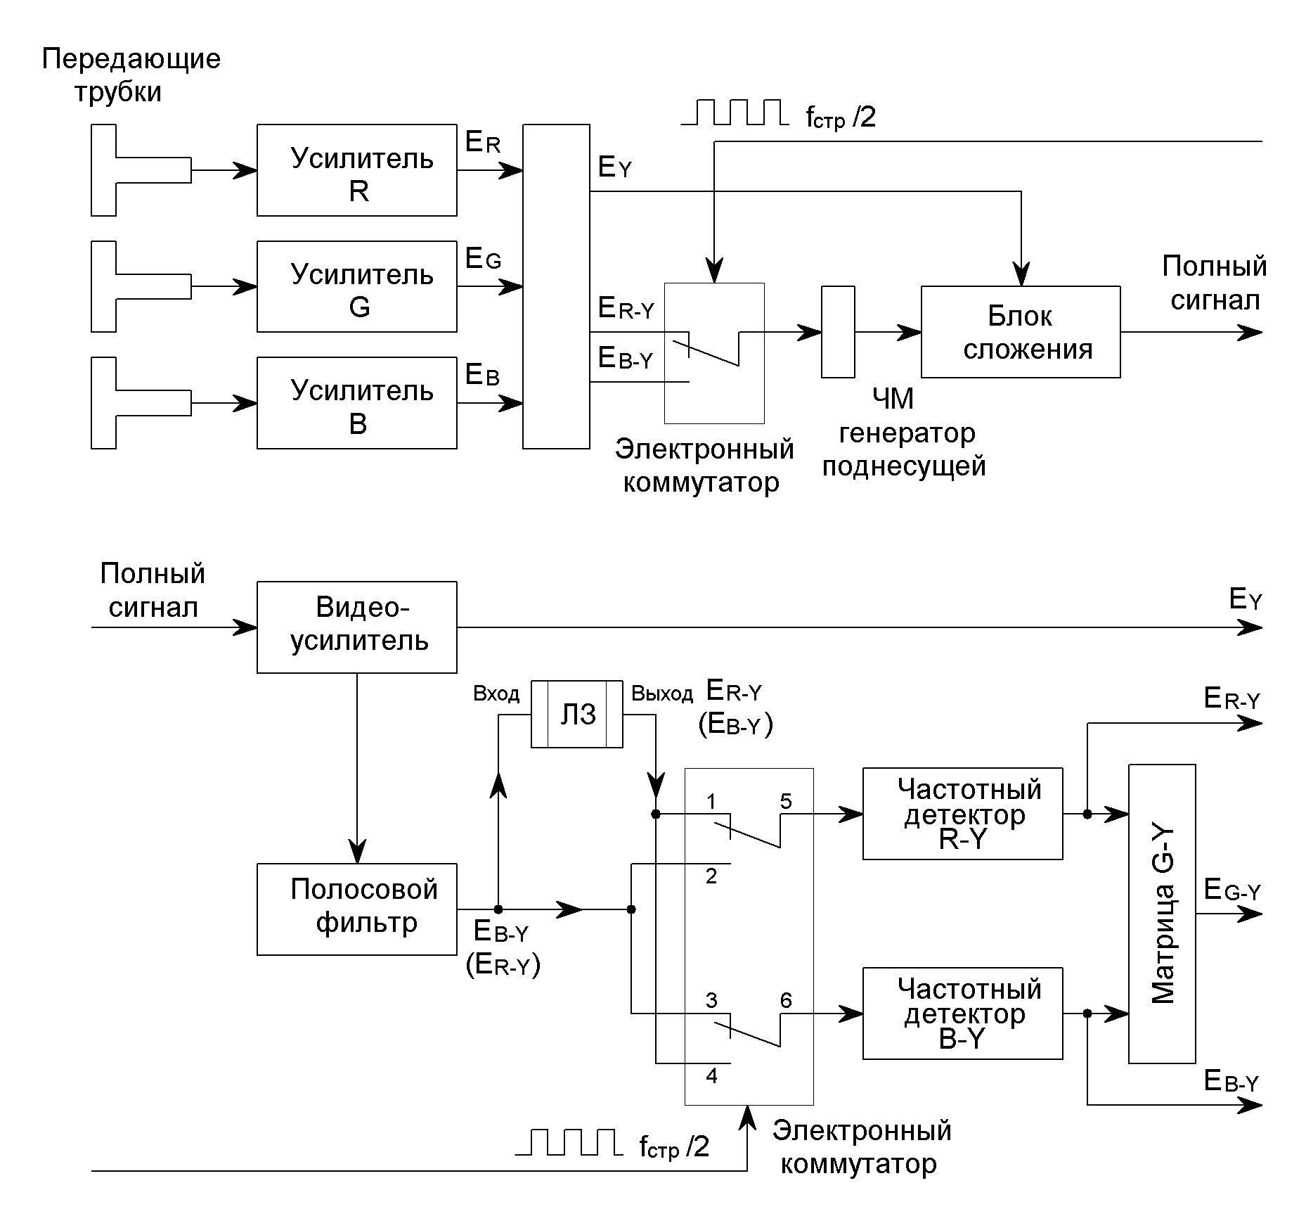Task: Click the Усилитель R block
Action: [356, 170]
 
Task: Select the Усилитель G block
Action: [356, 286]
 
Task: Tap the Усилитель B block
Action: [356, 403]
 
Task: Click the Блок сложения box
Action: [1020, 332]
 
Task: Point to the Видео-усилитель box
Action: [356, 627]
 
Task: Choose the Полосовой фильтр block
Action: [356, 909]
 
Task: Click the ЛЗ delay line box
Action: [576, 714]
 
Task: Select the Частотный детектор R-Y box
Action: [962, 814]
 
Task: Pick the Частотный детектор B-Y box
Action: [962, 1014]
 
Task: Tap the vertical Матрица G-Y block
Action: [1161, 914]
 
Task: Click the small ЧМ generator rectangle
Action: [838, 332]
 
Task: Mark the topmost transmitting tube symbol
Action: [141, 170]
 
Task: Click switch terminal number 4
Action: [711, 1075]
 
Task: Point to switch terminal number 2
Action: [711, 876]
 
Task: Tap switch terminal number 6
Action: [786, 999]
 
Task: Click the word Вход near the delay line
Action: [496, 694]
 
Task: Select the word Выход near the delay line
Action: [661, 694]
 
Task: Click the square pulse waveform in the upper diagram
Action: [734, 113]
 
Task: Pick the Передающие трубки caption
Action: [131, 75]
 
